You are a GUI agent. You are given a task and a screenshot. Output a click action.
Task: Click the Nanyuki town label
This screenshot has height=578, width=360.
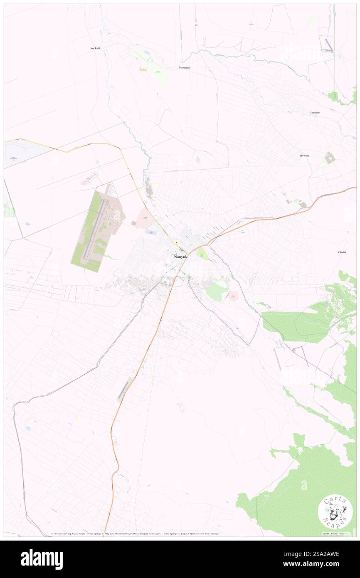point(181,257)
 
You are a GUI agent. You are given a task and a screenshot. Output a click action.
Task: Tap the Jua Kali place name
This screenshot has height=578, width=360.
point(95,48)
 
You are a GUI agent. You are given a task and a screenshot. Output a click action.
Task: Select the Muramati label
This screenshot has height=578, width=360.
point(185,67)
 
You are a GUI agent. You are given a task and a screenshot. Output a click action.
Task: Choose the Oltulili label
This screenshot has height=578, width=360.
point(343,252)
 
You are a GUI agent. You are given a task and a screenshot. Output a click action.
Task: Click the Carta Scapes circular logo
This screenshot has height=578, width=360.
point(335,511)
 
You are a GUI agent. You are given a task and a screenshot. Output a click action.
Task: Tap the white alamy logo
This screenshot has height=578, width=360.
point(42,559)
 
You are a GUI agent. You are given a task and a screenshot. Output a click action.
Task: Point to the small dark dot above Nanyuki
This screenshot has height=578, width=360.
point(176,242)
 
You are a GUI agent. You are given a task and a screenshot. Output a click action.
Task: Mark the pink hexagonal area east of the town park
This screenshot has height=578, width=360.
point(233,296)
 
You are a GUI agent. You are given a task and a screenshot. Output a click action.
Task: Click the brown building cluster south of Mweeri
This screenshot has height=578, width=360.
point(330,158)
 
